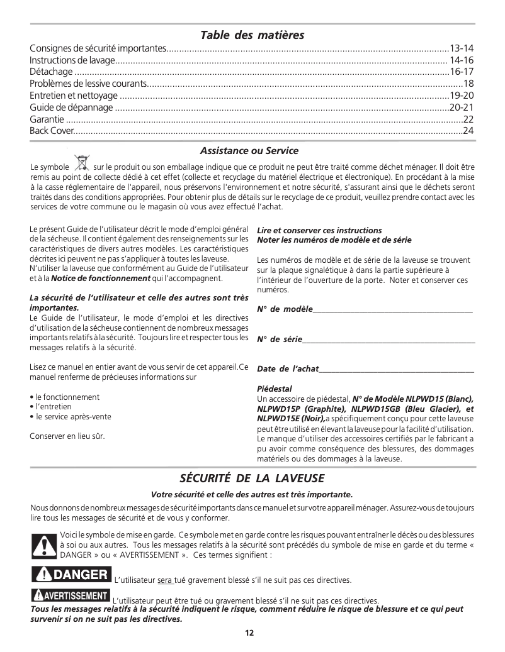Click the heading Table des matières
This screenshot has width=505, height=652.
pyautogui.click(x=252, y=35)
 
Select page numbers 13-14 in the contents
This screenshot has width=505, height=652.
pyautogui.click(x=462, y=48)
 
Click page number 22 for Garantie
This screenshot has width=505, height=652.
pyautogui.click(x=468, y=119)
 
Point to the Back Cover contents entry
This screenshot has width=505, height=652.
pyautogui.click(x=52, y=131)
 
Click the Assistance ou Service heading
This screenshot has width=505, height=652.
pyautogui.click(x=249, y=151)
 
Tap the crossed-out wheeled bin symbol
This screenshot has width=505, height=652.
pyautogui.click(x=81, y=163)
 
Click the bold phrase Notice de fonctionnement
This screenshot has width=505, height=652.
pyautogui.click(x=101, y=279)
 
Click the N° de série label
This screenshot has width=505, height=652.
pyautogui.click(x=280, y=340)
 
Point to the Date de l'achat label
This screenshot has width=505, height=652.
pyautogui.click(x=288, y=369)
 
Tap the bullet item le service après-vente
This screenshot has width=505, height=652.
pyautogui.click(x=73, y=416)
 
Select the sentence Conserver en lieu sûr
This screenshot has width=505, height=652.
pyautogui.click(x=67, y=436)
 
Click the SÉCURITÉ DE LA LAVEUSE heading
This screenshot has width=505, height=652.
pyautogui.click(x=252, y=478)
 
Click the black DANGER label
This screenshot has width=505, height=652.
pyautogui.click(x=71, y=575)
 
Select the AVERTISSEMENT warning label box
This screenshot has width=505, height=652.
pyautogui.click(x=70, y=595)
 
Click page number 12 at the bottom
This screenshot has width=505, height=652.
pyautogui.click(x=249, y=633)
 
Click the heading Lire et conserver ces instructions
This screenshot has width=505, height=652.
pyautogui.click(x=319, y=231)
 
